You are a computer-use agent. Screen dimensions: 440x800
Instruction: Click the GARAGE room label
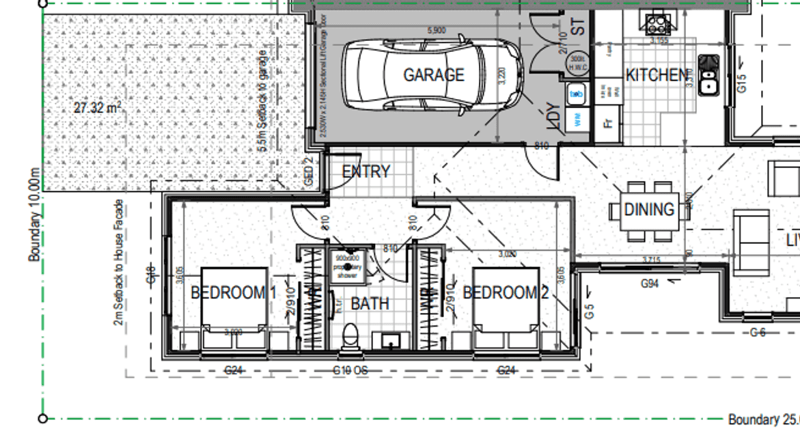(433, 74)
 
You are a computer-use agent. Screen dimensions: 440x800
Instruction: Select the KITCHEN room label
(656, 74)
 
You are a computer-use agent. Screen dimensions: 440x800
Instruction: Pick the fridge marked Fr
(607, 124)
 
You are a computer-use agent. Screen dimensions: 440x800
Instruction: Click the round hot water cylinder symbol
(579, 63)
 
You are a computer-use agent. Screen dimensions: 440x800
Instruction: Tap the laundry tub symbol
(576, 92)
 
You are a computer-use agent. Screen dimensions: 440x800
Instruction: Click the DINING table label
(648, 210)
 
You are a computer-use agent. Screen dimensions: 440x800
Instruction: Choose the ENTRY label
(365, 171)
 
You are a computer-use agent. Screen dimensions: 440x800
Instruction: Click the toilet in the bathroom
(349, 338)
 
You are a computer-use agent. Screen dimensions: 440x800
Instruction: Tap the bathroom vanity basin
(391, 339)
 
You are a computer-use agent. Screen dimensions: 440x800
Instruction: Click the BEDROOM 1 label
(233, 293)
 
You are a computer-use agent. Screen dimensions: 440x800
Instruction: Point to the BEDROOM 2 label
(506, 293)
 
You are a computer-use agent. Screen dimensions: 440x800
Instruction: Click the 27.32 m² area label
(98, 107)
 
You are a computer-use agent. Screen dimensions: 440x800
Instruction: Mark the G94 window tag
(649, 282)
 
